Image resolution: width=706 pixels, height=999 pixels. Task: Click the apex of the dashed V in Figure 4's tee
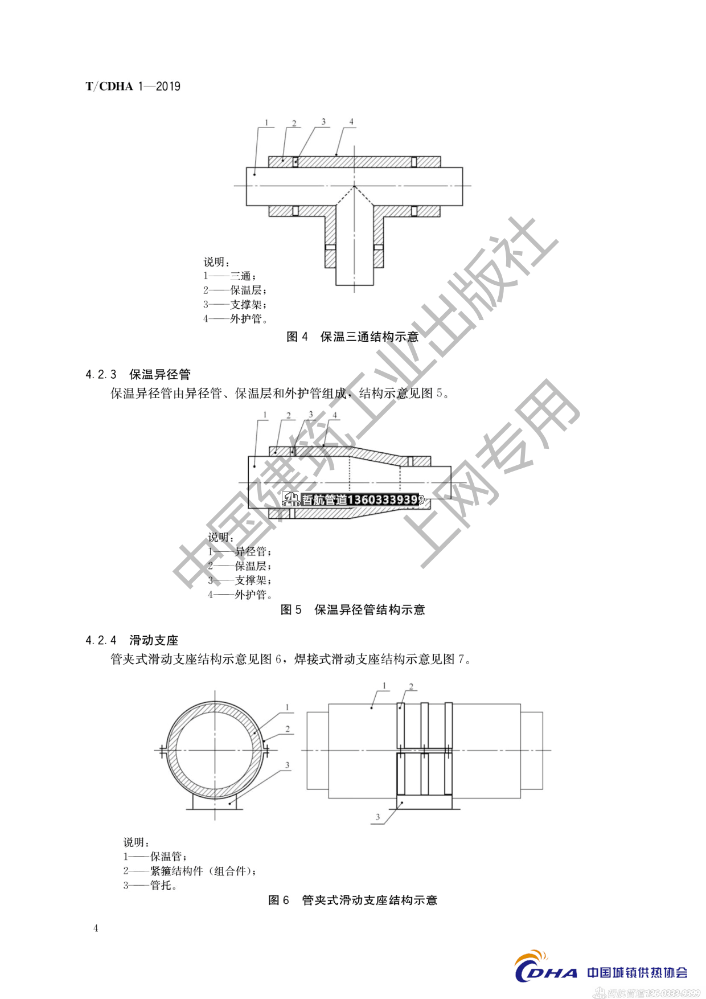pos(354,186)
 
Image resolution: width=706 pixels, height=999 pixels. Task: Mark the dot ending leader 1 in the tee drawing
pos(255,174)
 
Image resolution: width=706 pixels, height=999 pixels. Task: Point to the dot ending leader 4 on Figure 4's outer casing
pos(336,154)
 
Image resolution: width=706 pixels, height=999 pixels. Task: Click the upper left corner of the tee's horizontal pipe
pos(247,167)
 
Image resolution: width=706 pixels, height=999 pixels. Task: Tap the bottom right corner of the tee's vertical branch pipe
pos(373,284)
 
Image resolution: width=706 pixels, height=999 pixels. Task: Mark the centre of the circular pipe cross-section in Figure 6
pos(215,750)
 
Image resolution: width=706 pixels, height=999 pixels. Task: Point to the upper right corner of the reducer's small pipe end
pos(451,466)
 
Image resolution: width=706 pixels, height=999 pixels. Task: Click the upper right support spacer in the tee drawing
pos(414,162)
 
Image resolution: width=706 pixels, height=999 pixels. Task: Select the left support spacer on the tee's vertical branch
pos(330,247)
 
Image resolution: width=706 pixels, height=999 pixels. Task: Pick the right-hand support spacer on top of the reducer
pos(410,461)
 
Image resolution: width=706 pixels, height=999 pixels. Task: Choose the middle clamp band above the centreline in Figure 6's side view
pos(424,725)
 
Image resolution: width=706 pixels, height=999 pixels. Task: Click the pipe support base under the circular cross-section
pos(215,801)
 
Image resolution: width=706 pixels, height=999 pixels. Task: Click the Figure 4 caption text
pos(352,337)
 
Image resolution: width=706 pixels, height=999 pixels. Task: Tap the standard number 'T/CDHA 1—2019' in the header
pos(133,86)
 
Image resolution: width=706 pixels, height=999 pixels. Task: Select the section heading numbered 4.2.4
pos(132,640)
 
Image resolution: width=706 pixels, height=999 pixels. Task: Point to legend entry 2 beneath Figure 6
pos(190,871)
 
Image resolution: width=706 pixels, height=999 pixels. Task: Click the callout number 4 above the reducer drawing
pos(335,415)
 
